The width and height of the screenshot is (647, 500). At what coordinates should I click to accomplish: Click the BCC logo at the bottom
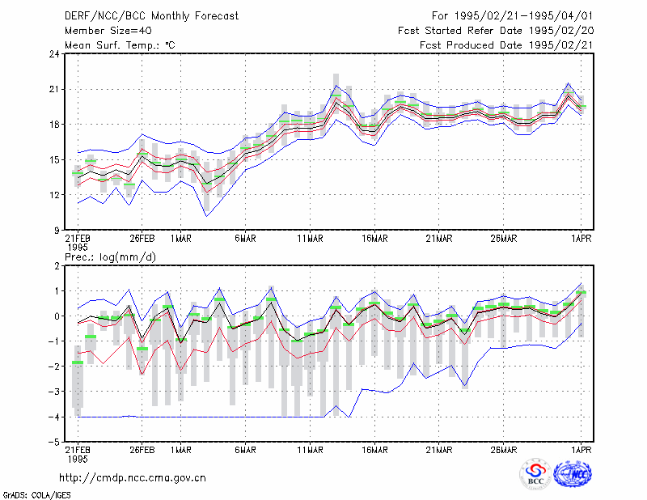pyautogui.click(x=535, y=474)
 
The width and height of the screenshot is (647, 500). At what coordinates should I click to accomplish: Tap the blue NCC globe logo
pyautogui.click(x=573, y=474)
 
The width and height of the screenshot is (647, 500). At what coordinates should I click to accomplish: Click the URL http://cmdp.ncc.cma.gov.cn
pyautogui.click(x=133, y=478)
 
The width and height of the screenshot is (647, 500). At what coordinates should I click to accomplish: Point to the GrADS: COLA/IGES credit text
pyautogui.click(x=36, y=495)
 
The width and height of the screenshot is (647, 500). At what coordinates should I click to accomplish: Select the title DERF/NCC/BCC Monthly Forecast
pyautogui.click(x=151, y=16)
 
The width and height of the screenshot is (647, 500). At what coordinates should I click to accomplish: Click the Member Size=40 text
pyautogui.click(x=108, y=31)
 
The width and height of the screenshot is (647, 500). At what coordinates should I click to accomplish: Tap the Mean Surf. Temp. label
pyautogui.click(x=120, y=45)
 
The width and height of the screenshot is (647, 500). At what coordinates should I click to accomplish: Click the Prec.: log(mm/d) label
pyautogui.click(x=110, y=257)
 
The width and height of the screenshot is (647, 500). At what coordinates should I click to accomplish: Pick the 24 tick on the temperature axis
pyautogui.click(x=55, y=54)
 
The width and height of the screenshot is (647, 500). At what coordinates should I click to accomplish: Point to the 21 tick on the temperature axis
pyautogui.click(x=55, y=90)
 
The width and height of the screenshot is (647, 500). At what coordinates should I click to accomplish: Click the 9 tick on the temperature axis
pyautogui.click(x=57, y=231)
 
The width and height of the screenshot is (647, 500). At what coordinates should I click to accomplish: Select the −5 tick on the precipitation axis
pyautogui.click(x=53, y=443)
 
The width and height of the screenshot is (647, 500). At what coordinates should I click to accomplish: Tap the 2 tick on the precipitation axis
pyautogui.click(x=57, y=266)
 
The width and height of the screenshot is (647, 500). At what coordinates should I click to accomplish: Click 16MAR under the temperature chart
pyautogui.click(x=374, y=239)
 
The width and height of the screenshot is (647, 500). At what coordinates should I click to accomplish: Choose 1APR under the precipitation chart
pyautogui.click(x=581, y=450)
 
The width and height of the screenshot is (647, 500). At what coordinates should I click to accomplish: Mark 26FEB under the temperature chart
pyautogui.click(x=142, y=239)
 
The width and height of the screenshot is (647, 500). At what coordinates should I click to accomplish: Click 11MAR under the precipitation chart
pyautogui.click(x=310, y=450)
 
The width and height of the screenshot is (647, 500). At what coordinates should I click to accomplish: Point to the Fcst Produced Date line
pyautogui.click(x=507, y=45)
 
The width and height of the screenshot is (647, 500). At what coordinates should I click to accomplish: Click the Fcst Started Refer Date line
pyautogui.click(x=496, y=31)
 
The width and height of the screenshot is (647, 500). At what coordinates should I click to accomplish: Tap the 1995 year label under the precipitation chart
pyautogui.click(x=78, y=459)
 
